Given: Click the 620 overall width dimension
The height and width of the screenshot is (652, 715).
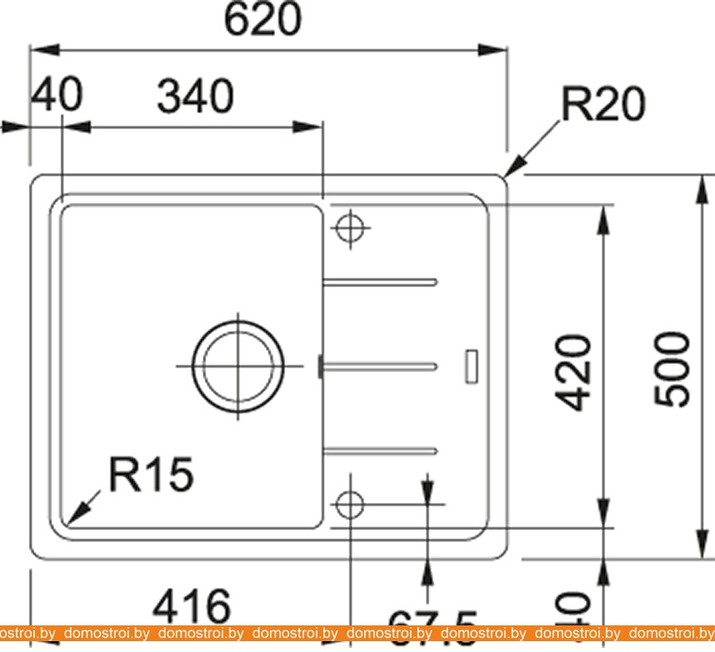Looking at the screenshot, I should point(263,20).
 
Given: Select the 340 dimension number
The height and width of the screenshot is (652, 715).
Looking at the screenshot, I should point(196,97).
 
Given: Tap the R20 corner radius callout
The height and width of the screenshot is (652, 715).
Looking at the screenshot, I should point(603,106).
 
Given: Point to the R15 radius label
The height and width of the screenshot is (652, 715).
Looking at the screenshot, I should point(151,475).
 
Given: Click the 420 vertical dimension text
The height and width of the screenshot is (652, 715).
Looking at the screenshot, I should point(574,373).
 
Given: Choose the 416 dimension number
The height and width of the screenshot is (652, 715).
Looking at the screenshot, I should point(190,607).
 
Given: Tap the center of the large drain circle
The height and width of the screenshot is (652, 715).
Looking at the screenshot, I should point(237,365).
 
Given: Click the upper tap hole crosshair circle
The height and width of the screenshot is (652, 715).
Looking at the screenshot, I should point(350,225).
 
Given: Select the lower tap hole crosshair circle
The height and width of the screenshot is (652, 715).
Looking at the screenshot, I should point(350,503).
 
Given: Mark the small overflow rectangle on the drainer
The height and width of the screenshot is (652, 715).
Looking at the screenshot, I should point(471,366).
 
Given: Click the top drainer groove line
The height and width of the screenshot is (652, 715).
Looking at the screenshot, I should point(380,280).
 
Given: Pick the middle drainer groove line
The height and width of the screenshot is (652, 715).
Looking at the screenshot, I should point(380,363).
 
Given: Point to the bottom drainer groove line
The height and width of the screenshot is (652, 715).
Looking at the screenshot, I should point(380,450).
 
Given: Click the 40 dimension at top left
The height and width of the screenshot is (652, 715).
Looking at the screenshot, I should point(57,96).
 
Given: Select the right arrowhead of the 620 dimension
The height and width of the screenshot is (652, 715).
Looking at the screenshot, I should point(497,49).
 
